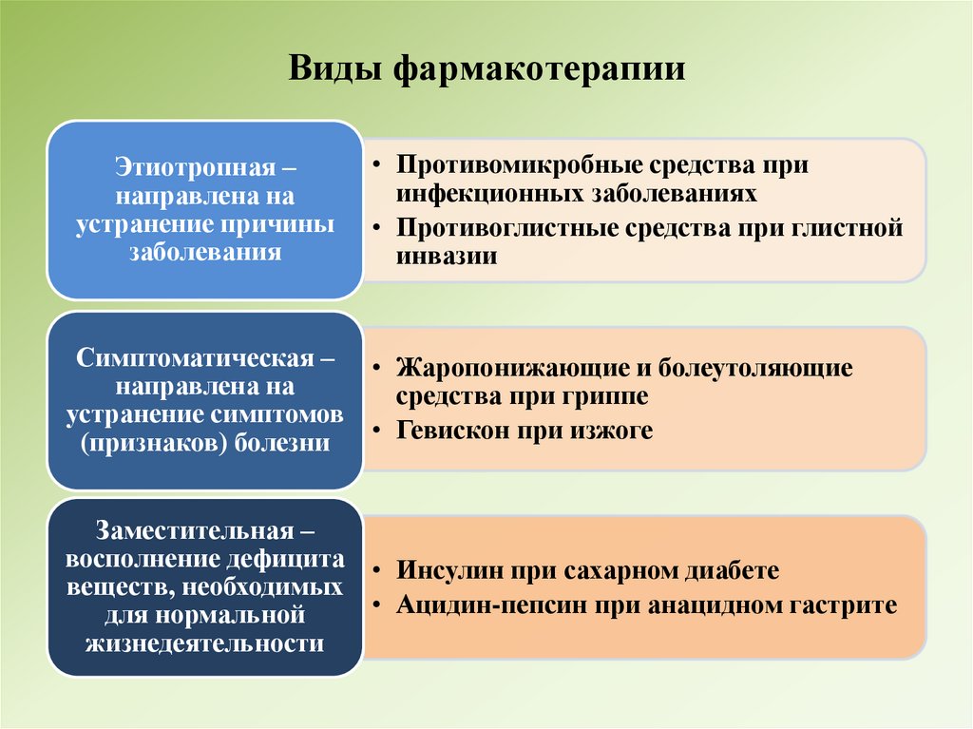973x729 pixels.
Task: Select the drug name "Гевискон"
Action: point(451,430)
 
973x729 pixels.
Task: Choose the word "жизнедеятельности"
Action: point(204,643)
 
